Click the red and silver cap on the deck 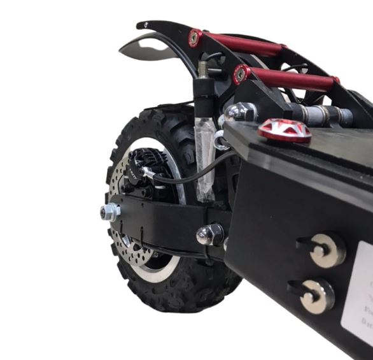point(285,130)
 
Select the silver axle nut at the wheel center point(110,212)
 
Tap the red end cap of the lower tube point(241,75)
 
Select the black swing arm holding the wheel point(165,220)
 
